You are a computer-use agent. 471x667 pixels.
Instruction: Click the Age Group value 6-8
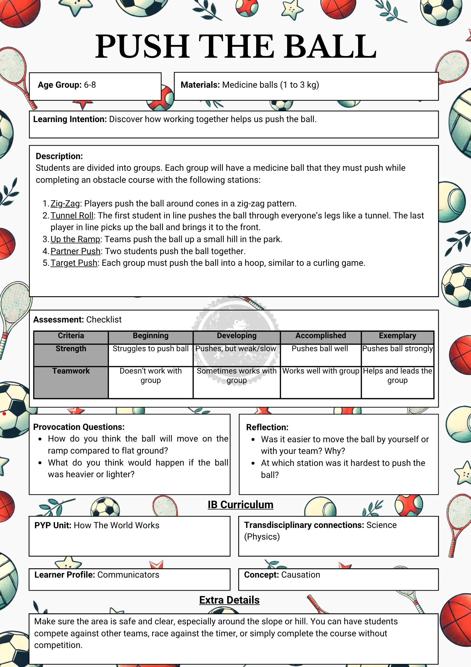pos(90,85)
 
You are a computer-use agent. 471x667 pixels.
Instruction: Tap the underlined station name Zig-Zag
pos(65,204)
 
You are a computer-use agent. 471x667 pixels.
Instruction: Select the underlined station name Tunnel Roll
pos(72,216)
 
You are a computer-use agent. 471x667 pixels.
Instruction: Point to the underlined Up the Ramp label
pos(75,239)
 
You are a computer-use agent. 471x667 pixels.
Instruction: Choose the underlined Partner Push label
pos(75,251)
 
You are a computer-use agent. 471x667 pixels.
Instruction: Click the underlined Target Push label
pos(74,263)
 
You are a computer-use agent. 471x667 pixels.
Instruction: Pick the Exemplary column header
pos(397,336)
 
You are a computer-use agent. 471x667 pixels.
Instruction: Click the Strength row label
pos(71,349)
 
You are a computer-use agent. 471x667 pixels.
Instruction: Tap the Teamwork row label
pos(71,371)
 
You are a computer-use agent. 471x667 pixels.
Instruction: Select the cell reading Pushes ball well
pos(320,349)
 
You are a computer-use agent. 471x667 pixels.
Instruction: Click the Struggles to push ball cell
pos(151,349)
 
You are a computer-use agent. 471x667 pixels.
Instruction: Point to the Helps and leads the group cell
pos(397,376)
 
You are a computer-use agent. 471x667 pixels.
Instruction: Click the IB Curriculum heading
pos(240,505)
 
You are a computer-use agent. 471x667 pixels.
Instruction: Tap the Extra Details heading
pos(229,600)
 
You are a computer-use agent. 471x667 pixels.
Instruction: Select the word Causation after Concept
pos(300,575)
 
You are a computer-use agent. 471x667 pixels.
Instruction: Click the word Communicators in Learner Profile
pos(128,575)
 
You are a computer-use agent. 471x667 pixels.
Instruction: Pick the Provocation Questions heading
pos(79,427)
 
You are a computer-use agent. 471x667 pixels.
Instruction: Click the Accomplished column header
pos(321,336)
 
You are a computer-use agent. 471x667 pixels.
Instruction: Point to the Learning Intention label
pos(70,119)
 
